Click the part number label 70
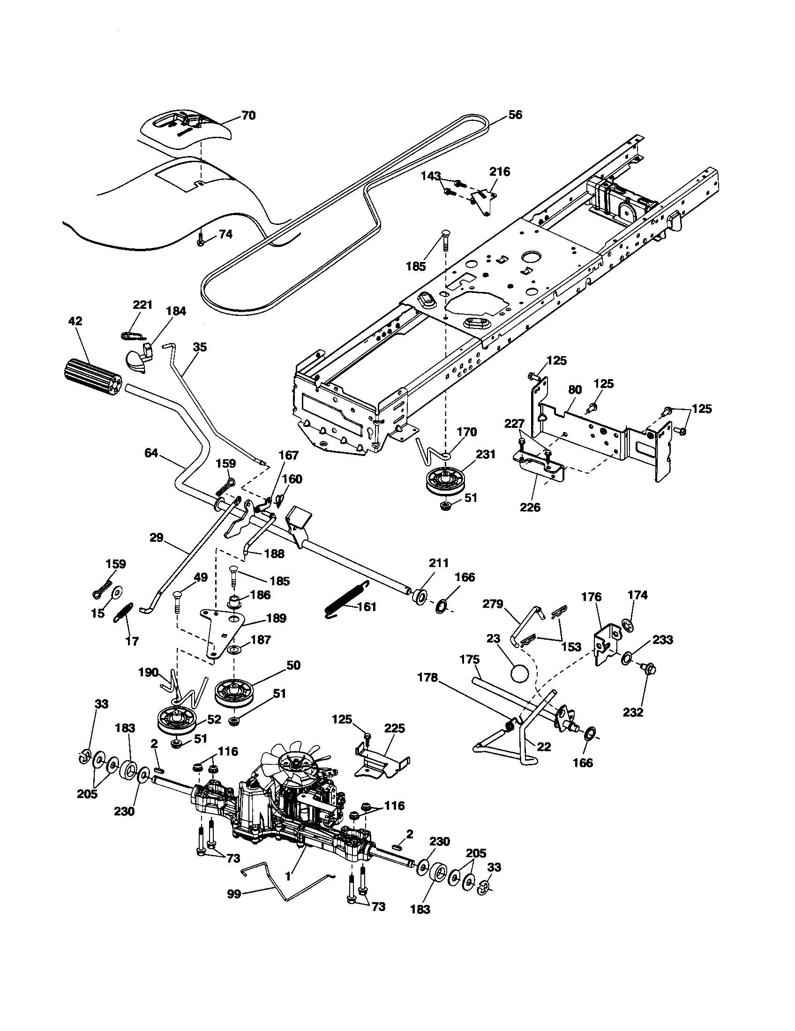tap(248, 115)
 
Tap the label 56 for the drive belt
tap(515, 115)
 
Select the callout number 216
tap(500, 172)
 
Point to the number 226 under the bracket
tap(530, 507)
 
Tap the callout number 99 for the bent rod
tap(235, 894)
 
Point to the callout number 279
tap(492, 604)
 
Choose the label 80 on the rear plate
tap(575, 389)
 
